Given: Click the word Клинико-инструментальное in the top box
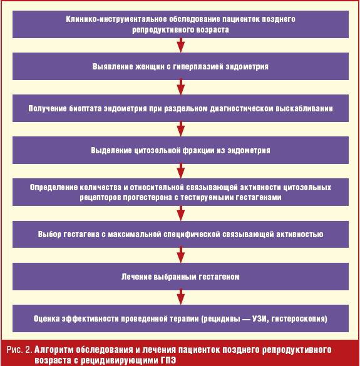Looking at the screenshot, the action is coord(116,19).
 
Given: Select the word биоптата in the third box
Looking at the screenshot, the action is coord(85,108).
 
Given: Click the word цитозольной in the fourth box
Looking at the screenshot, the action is coord(157,150).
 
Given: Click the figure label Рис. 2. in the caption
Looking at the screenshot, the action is coord(19,350).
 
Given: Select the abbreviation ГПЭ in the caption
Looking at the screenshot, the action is coord(168,360).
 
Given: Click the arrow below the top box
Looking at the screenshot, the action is coord(180,45).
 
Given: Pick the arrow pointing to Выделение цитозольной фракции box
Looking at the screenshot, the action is coord(180,129).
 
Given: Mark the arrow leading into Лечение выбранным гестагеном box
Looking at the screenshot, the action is coord(180,255).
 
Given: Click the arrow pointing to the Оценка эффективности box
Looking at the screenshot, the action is coord(180,297).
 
